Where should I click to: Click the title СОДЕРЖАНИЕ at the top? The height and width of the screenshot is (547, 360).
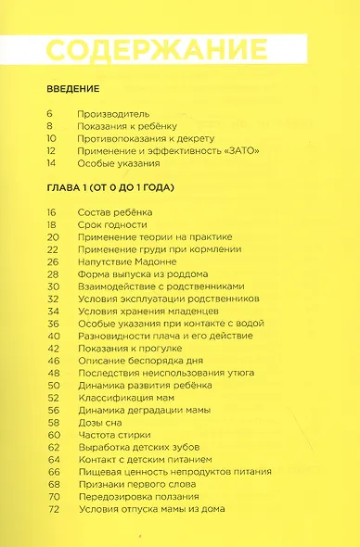(157, 50)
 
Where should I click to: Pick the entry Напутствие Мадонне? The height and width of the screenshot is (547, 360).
(131, 274)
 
